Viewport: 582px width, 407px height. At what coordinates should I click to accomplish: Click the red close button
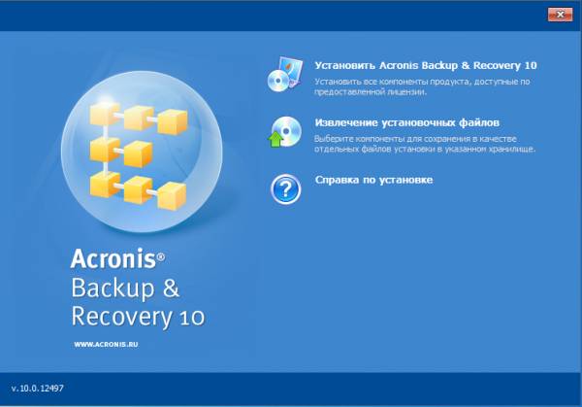(560, 15)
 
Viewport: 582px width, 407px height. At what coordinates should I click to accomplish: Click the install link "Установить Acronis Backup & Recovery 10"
(426, 66)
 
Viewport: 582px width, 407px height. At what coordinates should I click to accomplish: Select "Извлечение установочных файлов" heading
(406, 122)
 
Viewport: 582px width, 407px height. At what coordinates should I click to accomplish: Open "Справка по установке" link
(373, 180)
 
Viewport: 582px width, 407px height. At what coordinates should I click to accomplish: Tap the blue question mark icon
(285, 189)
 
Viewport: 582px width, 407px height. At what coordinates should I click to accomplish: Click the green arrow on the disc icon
(275, 139)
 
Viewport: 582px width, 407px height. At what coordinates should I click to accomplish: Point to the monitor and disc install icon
(284, 75)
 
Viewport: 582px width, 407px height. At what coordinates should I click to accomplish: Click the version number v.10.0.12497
(38, 389)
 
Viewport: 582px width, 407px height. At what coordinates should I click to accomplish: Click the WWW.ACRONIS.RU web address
(106, 345)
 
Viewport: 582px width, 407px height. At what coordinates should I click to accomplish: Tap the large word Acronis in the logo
(113, 258)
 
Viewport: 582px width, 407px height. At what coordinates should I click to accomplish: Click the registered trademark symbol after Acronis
(161, 256)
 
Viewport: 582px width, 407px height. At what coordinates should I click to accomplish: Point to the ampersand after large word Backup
(171, 288)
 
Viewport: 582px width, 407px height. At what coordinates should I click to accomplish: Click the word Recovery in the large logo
(121, 317)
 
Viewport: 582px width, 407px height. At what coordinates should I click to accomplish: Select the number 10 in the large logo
(192, 319)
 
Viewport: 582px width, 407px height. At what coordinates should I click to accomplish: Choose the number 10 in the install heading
(531, 66)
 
